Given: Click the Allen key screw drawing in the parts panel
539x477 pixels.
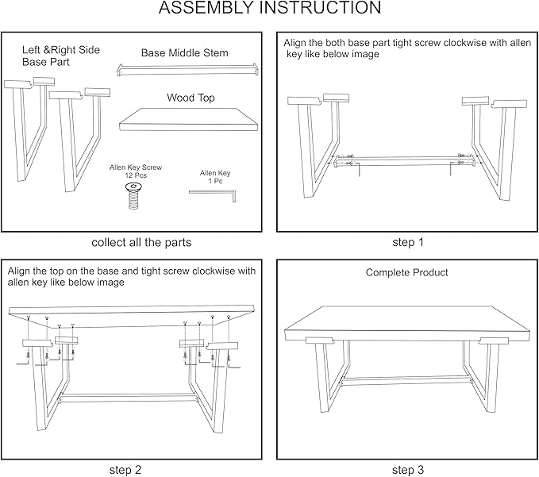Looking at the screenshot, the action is point(134,196).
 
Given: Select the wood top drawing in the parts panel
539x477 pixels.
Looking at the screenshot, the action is point(188,120).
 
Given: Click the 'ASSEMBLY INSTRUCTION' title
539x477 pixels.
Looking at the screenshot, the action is point(270,8).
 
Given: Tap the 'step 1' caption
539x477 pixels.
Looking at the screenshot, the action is point(408,242).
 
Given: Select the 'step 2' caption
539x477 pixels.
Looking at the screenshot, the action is point(125,470).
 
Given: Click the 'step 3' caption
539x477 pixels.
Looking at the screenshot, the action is point(408,470).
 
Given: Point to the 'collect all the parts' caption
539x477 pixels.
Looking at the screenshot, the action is point(141,243).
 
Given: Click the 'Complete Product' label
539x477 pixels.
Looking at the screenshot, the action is point(406,272).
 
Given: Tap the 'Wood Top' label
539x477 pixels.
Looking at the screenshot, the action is point(191,98).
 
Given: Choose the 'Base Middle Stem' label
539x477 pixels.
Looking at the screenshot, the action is point(185,53).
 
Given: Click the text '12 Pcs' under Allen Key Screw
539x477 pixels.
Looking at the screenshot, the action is point(136,175).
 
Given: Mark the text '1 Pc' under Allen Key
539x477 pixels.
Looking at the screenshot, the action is point(216,181).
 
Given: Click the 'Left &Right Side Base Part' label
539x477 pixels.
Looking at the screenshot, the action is point(61,56).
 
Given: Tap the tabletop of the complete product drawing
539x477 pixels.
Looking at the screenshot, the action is point(407,323).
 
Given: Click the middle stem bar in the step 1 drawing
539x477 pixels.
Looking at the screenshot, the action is point(406,160).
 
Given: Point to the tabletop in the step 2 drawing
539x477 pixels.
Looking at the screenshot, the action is point(132,315).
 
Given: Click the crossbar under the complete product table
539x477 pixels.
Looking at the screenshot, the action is point(406,381).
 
